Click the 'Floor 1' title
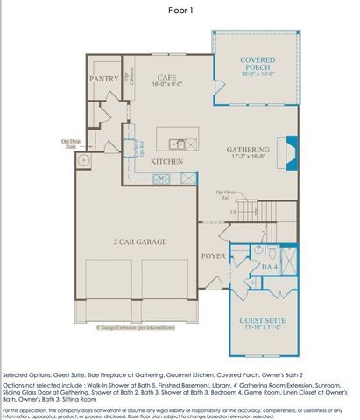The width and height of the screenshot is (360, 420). pos(180,11)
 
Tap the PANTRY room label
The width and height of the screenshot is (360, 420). pos(104,79)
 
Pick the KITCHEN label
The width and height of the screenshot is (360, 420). pos(166,162)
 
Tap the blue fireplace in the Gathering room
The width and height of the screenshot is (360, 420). pos(285,148)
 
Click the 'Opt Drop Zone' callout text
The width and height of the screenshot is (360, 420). pos(71,143)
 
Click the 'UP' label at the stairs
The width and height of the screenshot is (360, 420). pos(233,212)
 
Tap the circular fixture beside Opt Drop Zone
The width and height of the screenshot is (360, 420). pos(86,161)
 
